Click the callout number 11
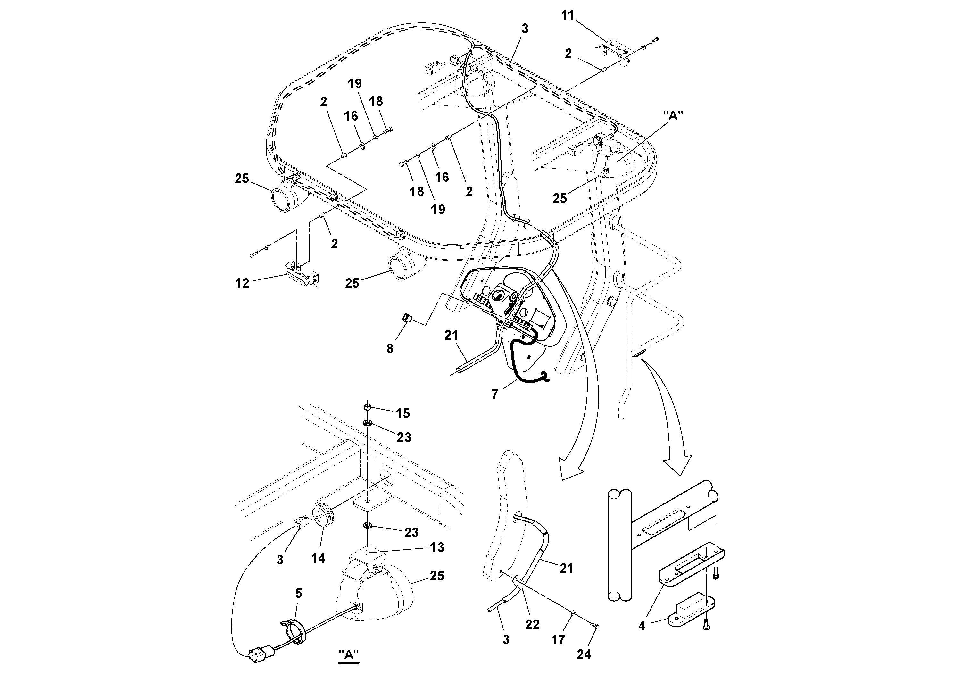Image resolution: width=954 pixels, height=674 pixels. coord(567,16)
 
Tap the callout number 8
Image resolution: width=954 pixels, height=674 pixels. coord(390,348)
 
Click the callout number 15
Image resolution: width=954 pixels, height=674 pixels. coord(402,413)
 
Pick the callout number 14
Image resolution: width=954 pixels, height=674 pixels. coord(318,558)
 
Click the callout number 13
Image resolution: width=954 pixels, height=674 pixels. coord(437,547)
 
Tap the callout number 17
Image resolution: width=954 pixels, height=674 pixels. coord(558,639)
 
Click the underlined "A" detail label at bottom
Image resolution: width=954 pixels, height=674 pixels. coord(349,654)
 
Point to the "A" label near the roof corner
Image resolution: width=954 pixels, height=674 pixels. coord(673,115)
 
